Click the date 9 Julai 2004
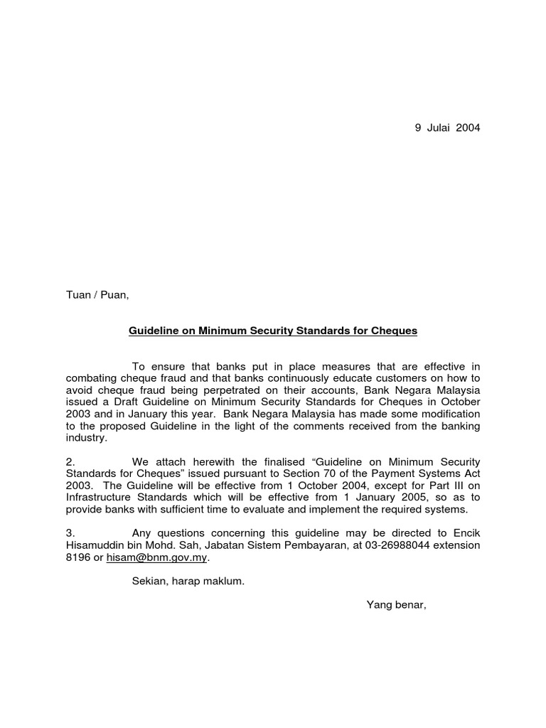click(x=447, y=128)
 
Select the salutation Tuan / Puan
click(x=97, y=295)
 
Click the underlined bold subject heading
click(x=273, y=331)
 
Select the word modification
click(x=446, y=414)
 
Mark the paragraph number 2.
click(x=70, y=463)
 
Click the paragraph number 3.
click(x=70, y=534)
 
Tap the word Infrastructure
click(x=100, y=498)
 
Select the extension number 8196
click(x=77, y=558)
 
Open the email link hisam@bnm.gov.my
click(x=157, y=558)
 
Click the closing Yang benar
click(x=396, y=605)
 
